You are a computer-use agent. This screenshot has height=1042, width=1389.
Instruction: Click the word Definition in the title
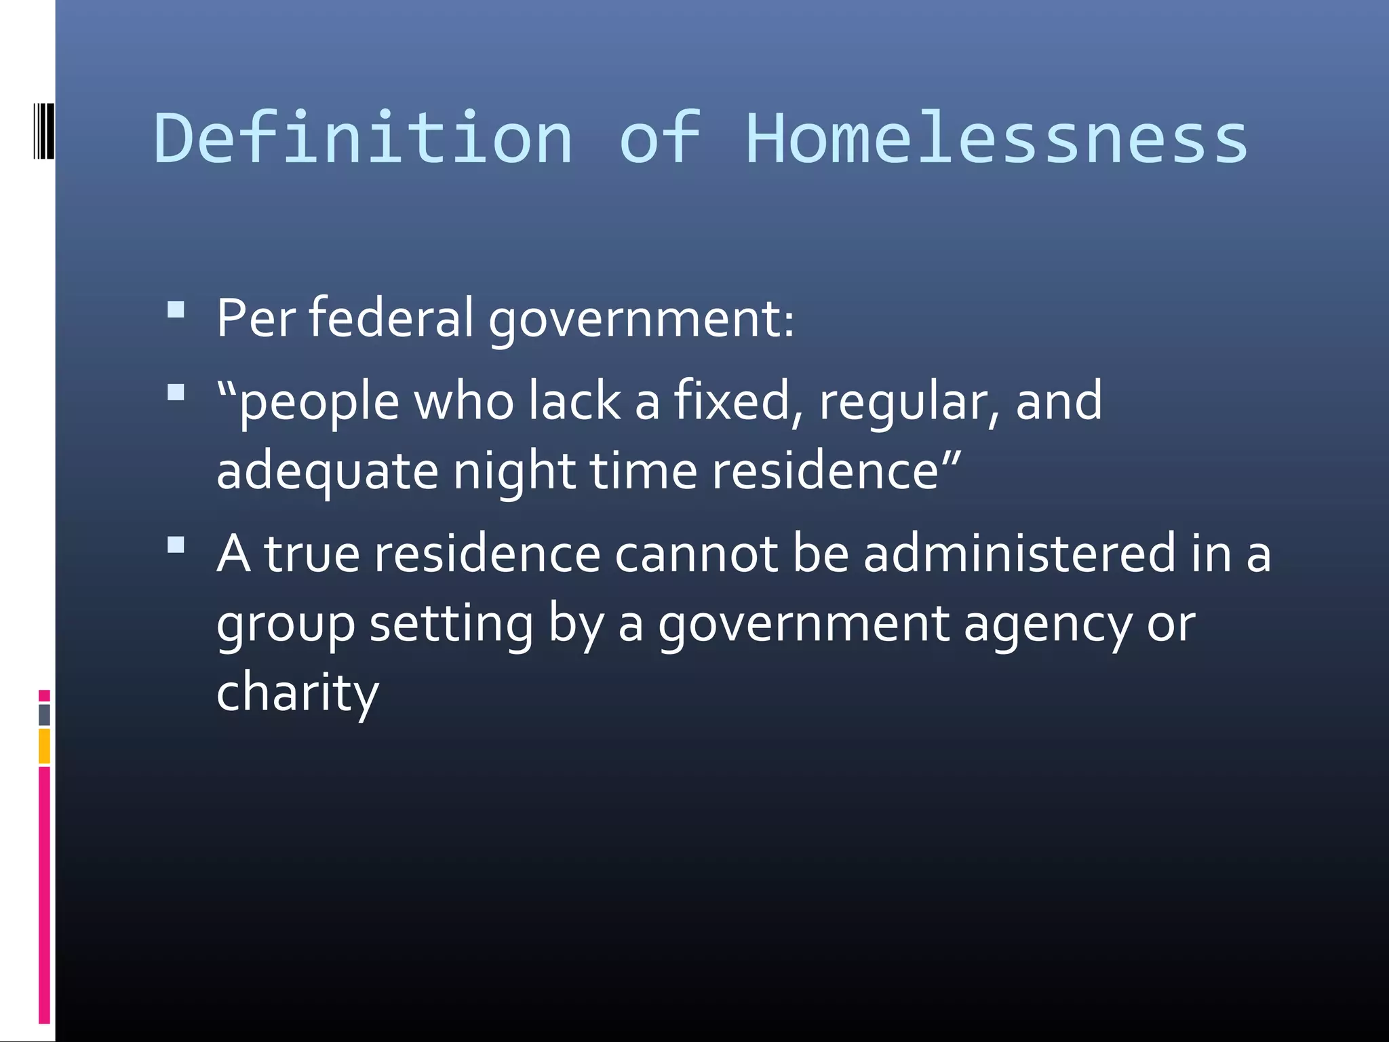point(364,138)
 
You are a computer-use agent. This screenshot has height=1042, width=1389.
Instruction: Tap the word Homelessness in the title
point(996,138)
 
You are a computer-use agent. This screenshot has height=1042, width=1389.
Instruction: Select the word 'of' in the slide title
point(659,138)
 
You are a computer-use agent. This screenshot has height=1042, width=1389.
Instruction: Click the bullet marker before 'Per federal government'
point(176,310)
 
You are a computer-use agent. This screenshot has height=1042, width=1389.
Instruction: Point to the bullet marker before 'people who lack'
point(176,393)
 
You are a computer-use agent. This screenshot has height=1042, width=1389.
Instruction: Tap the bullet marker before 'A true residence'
point(176,545)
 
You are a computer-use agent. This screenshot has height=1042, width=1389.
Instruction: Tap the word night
point(514,471)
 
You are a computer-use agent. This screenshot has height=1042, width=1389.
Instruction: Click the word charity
point(297,693)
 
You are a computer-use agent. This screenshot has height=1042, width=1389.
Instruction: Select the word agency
point(1047,624)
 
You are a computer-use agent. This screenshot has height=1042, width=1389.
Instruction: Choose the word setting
point(451,624)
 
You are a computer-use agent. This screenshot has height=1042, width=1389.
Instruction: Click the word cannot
point(696,554)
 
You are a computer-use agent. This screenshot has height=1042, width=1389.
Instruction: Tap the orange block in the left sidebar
point(44,746)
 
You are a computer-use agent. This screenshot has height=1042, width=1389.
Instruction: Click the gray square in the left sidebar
point(44,714)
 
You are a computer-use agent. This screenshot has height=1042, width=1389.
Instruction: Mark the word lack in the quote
point(574,402)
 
